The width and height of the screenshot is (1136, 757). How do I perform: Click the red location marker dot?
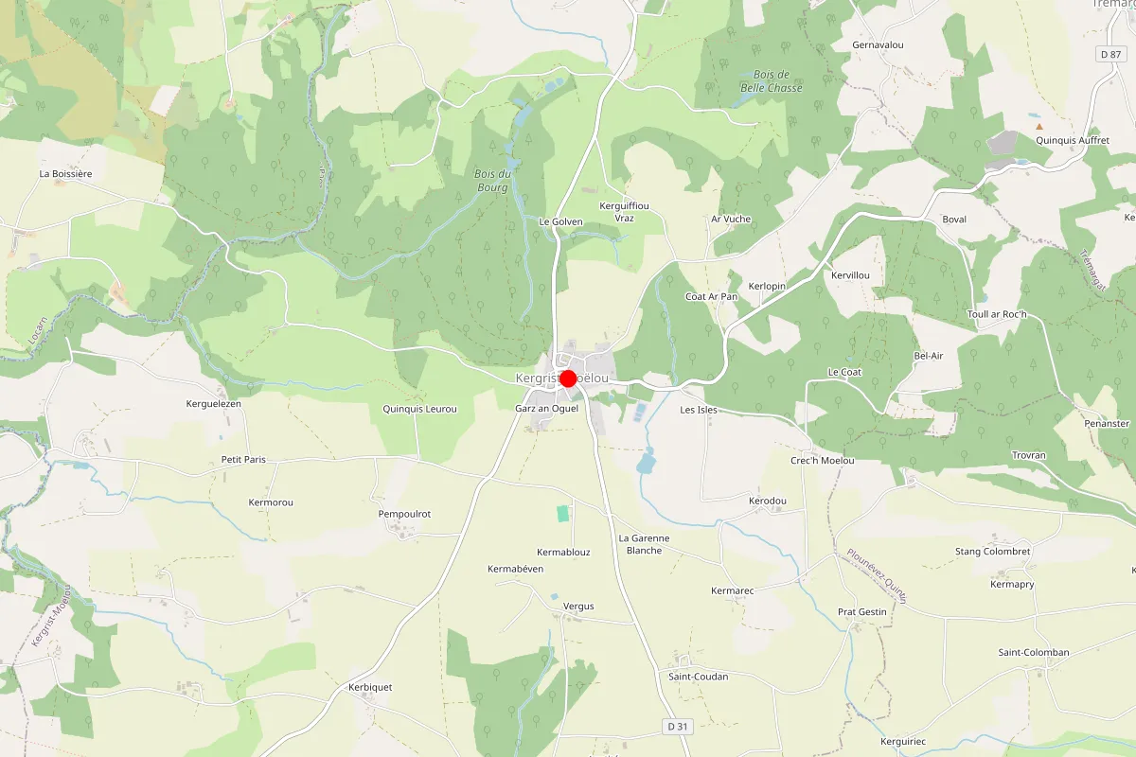(568, 378)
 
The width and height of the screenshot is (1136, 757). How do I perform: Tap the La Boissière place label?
(65, 174)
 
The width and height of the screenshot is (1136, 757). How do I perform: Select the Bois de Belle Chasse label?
(771, 81)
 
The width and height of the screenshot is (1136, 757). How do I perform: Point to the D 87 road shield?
(1111, 55)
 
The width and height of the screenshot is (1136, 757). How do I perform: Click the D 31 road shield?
(672, 726)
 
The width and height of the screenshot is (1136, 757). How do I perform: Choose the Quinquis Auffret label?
(1073, 140)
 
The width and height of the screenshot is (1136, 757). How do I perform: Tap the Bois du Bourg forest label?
(492, 181)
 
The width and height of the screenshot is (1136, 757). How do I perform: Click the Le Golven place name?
(560, 221)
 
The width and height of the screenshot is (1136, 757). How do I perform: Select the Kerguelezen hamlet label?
(214, 404)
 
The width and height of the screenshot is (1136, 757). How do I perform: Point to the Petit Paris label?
(243, 460)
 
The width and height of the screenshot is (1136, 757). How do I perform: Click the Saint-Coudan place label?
(699, 677)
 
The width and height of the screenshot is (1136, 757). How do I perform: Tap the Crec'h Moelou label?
(822, 461)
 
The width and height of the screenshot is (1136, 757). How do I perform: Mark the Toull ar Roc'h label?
(997, 314)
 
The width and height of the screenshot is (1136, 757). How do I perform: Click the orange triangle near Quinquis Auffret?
(1039, 126)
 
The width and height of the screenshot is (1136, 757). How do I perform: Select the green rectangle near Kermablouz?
(563, 513)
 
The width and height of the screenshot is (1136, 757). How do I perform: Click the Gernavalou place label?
(879, 44)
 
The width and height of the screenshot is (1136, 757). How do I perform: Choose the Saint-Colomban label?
(1034, 653)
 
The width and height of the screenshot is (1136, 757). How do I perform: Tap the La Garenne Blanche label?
(644, 544)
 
